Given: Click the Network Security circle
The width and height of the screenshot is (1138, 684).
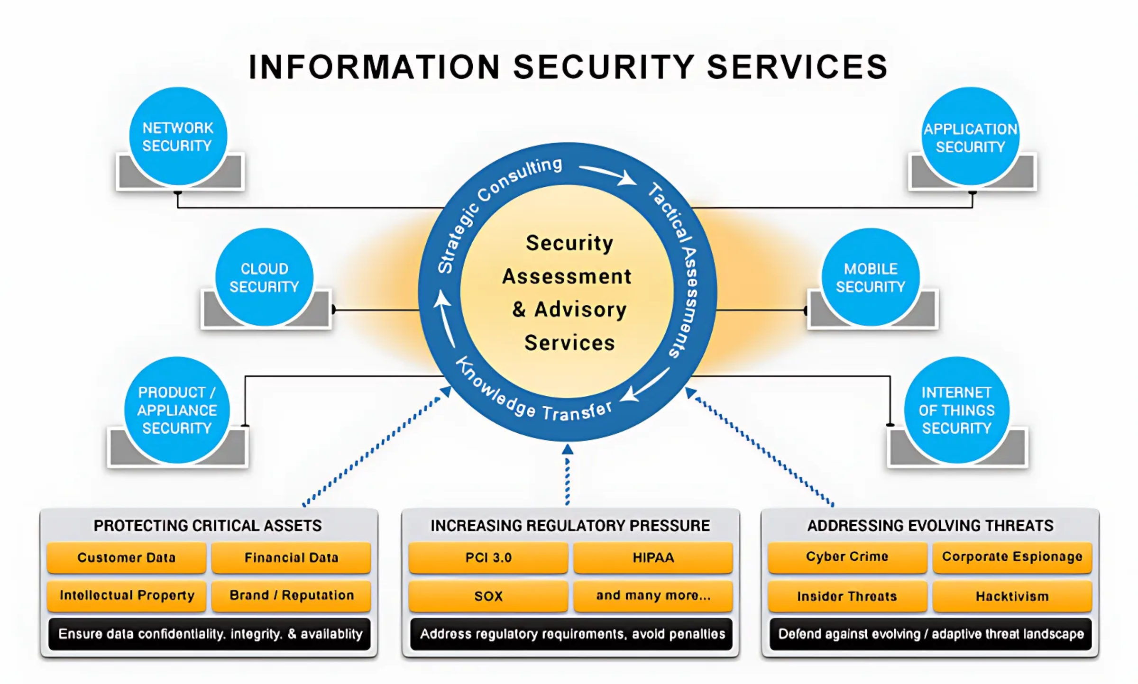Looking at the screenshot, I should pyautogui.click(x=178, y=136).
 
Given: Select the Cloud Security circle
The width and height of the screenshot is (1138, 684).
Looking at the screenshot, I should pyautogui.click(x=264, y=277).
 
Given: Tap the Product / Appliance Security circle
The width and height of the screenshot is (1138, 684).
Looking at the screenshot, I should pyautogui.click(x=177, y=410).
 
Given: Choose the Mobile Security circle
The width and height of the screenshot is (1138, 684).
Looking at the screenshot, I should pyautogui.click(x=871, y=277).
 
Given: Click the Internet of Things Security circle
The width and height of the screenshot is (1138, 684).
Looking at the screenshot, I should pyautogui.click(x=956, y=410).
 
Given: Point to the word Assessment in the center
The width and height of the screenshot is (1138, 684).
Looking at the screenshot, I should pyautogui.click(x=567, y=276).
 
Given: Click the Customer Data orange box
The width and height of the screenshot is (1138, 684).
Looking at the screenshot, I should pyautogui.click(x=127, y=557).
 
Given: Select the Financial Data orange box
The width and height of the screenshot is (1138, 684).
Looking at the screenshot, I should pyautogui.click(x=291, y=557).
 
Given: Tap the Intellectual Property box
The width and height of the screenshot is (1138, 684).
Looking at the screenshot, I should pyautogui.click(x=127, y=595).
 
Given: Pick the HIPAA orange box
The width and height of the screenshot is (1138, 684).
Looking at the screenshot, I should pyautogui.click(x=653, y=557).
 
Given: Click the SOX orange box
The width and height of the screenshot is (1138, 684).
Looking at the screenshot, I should pyautogui.click(x=488, y=596).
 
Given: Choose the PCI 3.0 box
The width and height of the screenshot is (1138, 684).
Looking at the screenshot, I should pyautogui.click(x=488, y=557).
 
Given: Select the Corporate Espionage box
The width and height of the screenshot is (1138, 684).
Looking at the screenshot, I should pyautogui.click(x=1012, y=557).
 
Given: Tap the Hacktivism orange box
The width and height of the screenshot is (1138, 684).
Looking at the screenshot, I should pyautogui.click(x=1012, y=596).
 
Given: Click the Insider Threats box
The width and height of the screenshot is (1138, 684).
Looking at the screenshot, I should pyautogui.click(x=847, y=596).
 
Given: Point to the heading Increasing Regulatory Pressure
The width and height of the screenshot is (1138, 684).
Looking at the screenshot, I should pyautogui.click(x=570, y=526).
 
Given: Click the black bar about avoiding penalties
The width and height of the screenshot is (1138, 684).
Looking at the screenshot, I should pyautogui.click(x=572, y=634).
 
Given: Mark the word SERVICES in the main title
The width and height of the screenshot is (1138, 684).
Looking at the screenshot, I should pyautogui.click(x=797, y=67).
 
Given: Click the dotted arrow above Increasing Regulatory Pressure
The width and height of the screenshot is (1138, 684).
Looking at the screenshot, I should pyautogui.click(x=568, y=474).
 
